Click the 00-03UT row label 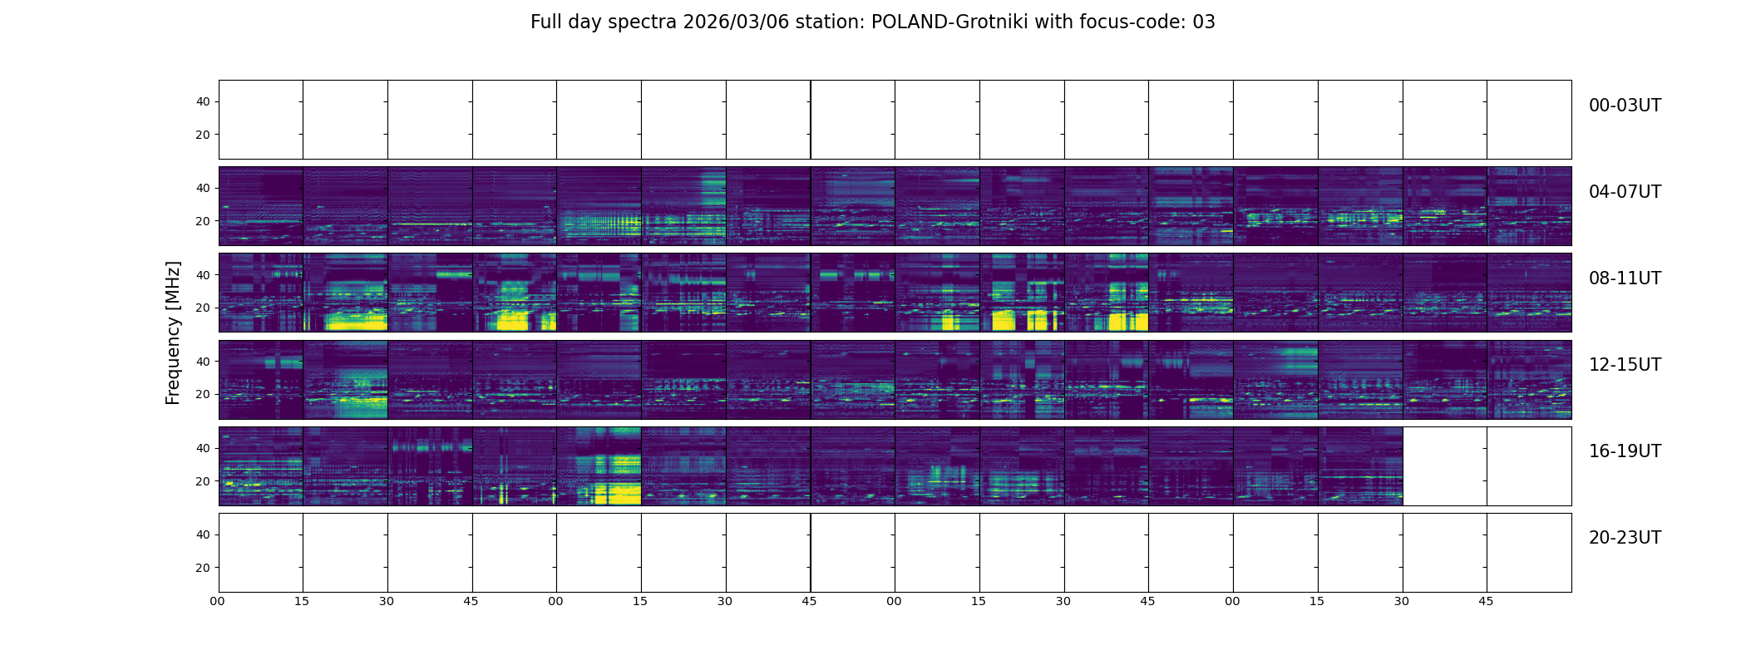tap(1624, 106)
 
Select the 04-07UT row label tap(1624, 192)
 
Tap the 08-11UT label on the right tap(1624, 278)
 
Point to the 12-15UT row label tap(1624, 365)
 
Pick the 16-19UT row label tap(1624, 451)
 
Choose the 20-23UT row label tap(1624, 538)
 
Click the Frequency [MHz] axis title tap(173, 332)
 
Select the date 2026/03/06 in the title tap(735, 22)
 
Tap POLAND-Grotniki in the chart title tap(949, 22)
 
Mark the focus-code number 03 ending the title tap(1204, 22)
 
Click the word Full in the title tap(545, 22)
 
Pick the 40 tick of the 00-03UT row tap(203, 101)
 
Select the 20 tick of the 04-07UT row tap(203, 221)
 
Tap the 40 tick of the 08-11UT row tap(203, 275)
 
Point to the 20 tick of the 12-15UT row tap(203, 394)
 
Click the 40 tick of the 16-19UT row tap(203, 448)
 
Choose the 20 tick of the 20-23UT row tap(203, 568)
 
